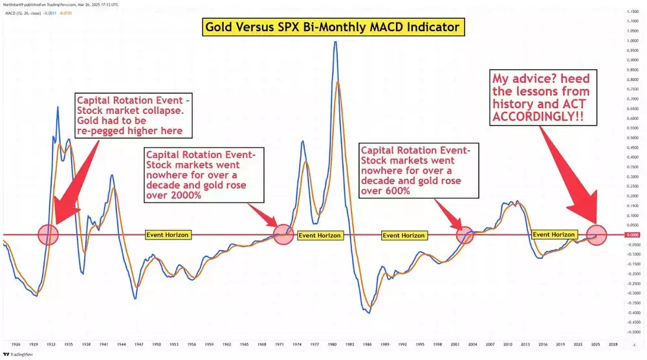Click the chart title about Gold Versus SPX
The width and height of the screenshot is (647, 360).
[x=333, y=27]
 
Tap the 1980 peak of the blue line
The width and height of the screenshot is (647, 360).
[x=335, y=42]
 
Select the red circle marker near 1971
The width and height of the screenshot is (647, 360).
[x=283, y=234]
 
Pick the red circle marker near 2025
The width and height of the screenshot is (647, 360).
[x=596, y=234]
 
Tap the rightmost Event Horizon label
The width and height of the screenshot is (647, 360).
[x=553, y=234]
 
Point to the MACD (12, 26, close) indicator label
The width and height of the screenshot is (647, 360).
[x=24, y=14]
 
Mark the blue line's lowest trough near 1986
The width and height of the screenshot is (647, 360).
[x=367, y=313]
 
